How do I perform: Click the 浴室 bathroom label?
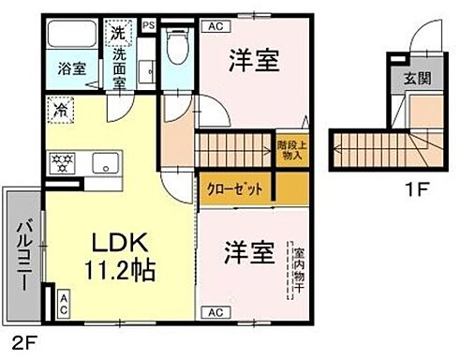point(69,67)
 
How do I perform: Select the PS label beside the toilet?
point(148,25)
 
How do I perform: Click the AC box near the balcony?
point(63,303)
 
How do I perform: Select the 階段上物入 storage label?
point(290,151)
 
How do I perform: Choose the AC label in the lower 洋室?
point(214,312)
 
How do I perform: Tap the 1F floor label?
point(416,188)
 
